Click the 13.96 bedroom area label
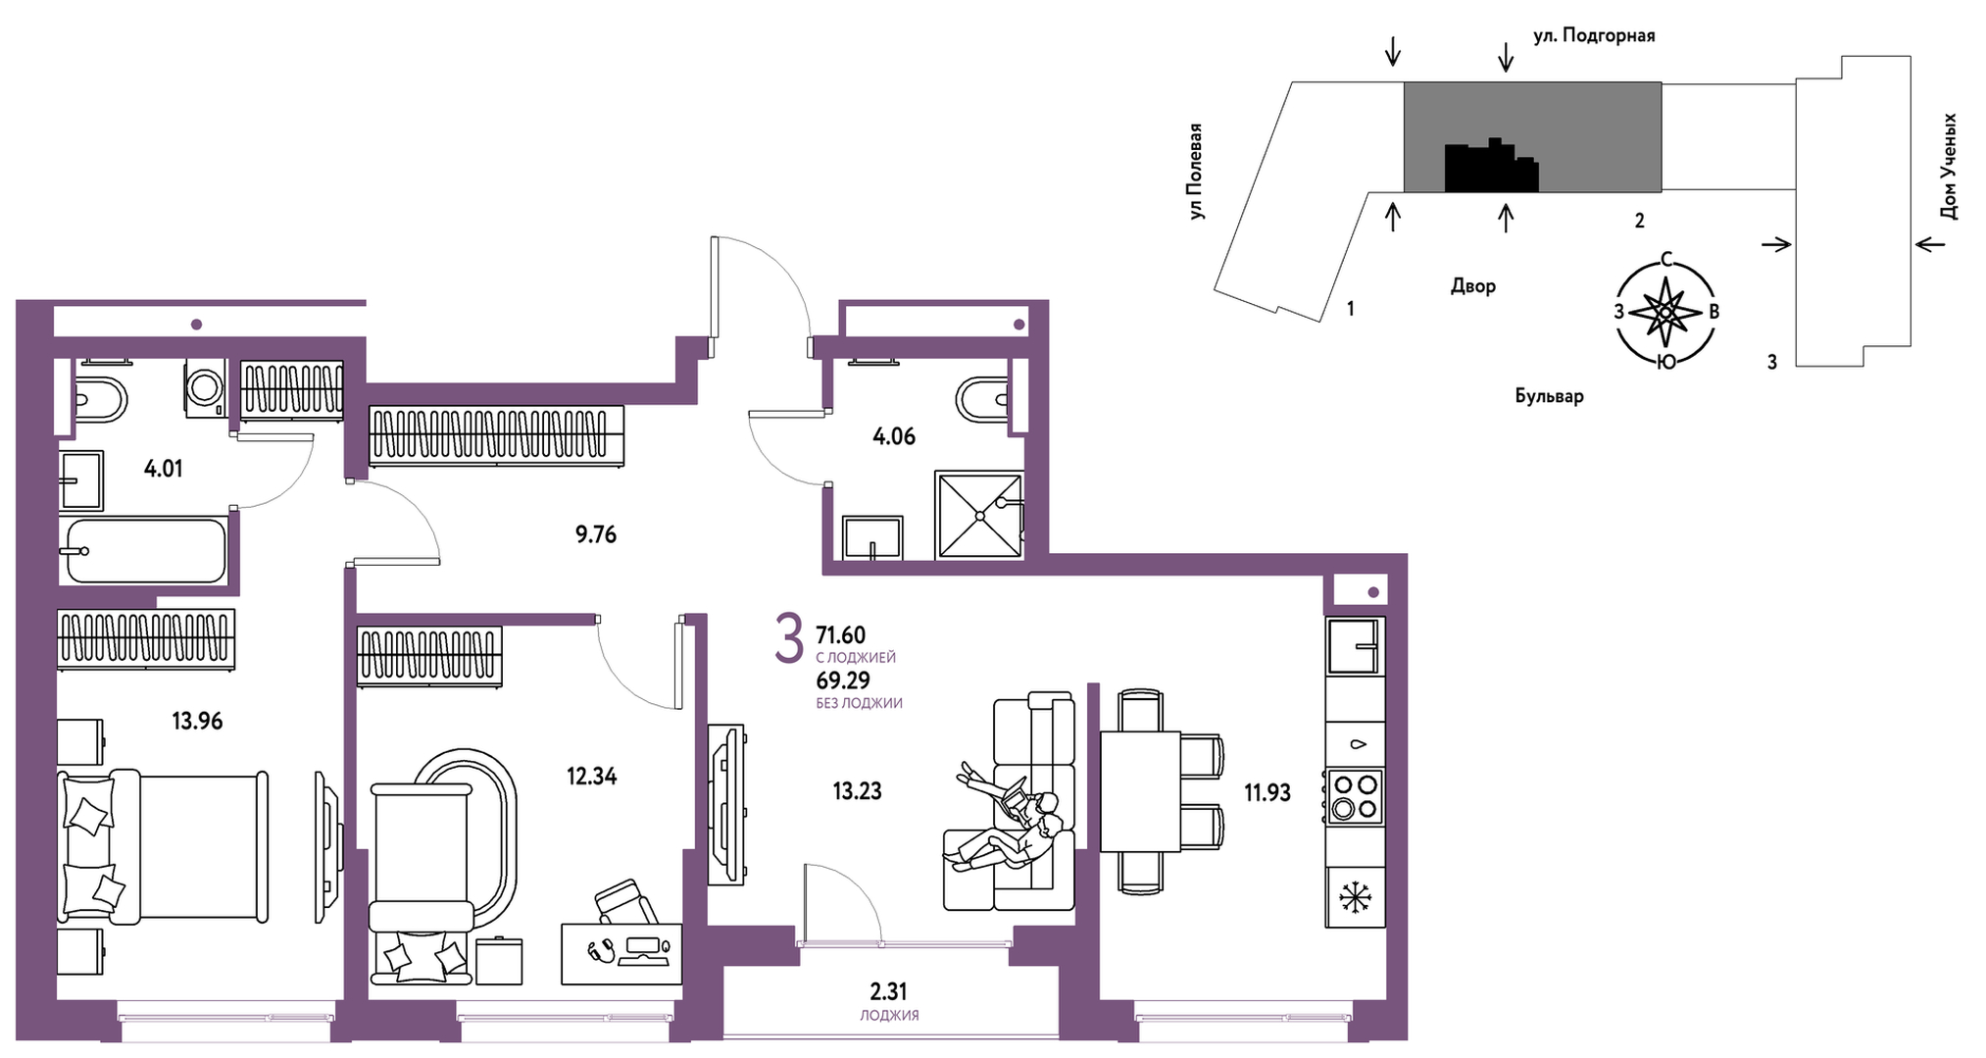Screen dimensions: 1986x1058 [197, 722]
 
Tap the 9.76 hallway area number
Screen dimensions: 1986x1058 [596, 534]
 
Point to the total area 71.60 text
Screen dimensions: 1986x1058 [841, 635]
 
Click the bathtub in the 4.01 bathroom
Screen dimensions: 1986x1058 [146, 550]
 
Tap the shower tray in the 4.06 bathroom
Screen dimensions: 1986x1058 [979, 515]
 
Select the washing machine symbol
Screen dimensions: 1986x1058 [205, 386]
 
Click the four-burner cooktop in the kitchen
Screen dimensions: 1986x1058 [1355, 796]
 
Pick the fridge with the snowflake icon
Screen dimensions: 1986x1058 [1355, 896]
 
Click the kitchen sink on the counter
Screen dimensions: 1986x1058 [1355, 645]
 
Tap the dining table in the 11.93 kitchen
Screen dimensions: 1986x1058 [1140, 791]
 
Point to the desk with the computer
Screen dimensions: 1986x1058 [621, 953]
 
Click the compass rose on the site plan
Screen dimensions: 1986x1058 [1665, 312]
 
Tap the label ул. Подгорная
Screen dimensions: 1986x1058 [1594, 35]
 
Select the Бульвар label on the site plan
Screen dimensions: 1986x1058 [1549, 396]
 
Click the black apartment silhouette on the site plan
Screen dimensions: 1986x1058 [1491, 166]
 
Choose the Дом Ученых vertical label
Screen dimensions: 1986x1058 [1949, 166]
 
